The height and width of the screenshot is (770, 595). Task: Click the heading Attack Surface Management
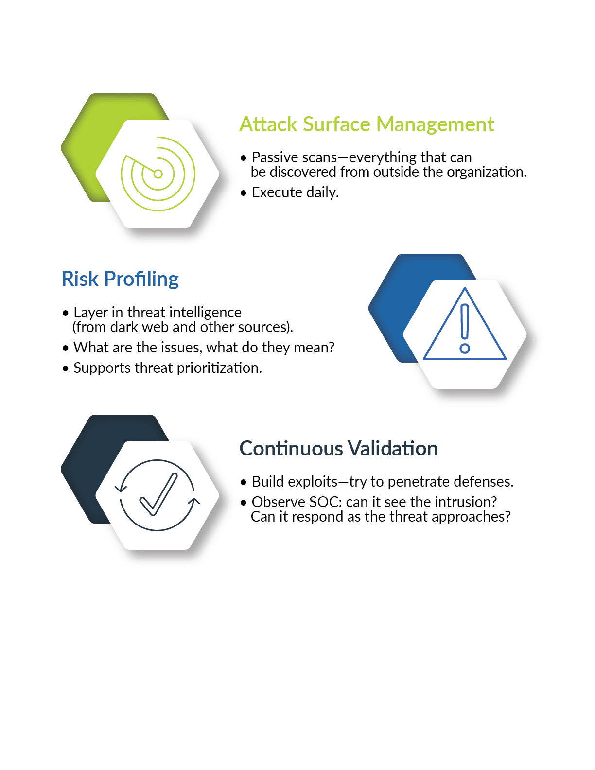tap(367, 124)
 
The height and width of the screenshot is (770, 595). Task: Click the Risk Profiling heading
tap(120, 279)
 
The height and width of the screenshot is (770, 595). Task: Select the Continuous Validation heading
tap(338, 448)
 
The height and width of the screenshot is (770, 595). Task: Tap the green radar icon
tap(158, 174)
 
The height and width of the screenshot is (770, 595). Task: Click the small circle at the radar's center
tap(158, 174)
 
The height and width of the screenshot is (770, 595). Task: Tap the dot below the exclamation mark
tap(465, 349)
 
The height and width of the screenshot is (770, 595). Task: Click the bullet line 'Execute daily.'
tap(290, 192)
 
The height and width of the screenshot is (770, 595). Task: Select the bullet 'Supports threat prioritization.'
tap(162, 368)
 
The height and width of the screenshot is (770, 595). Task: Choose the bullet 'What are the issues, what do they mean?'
tap(198, 347)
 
